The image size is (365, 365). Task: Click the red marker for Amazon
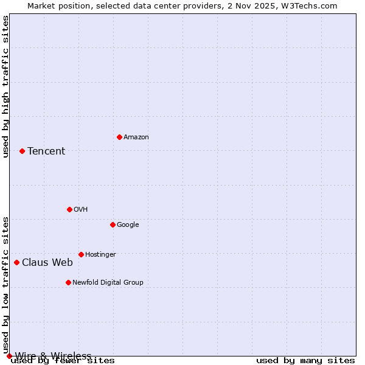pos(119,137)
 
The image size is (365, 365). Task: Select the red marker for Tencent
pos(22,151)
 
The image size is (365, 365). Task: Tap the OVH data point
pos(69,209)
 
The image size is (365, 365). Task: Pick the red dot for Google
pos(113,224)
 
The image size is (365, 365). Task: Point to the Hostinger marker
pos(81,254)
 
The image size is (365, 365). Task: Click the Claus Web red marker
pos(16,262)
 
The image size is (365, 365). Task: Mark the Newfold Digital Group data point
pos(68,282)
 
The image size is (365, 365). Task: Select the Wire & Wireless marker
pos(9,356)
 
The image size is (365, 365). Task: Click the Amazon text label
pos(136,137)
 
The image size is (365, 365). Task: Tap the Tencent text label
pos(46,151)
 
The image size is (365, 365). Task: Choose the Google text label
pos(128,225)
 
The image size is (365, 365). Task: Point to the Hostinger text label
pos(100,255)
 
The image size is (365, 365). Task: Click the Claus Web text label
pos(47,263)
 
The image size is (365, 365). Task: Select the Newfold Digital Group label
pos(108,283)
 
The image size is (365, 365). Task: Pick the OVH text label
pos(81,210)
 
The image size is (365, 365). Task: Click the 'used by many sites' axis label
pos(305,361)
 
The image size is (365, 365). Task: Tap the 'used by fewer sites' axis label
pos(63,361)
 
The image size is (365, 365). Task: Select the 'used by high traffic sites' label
pos(5,86)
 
